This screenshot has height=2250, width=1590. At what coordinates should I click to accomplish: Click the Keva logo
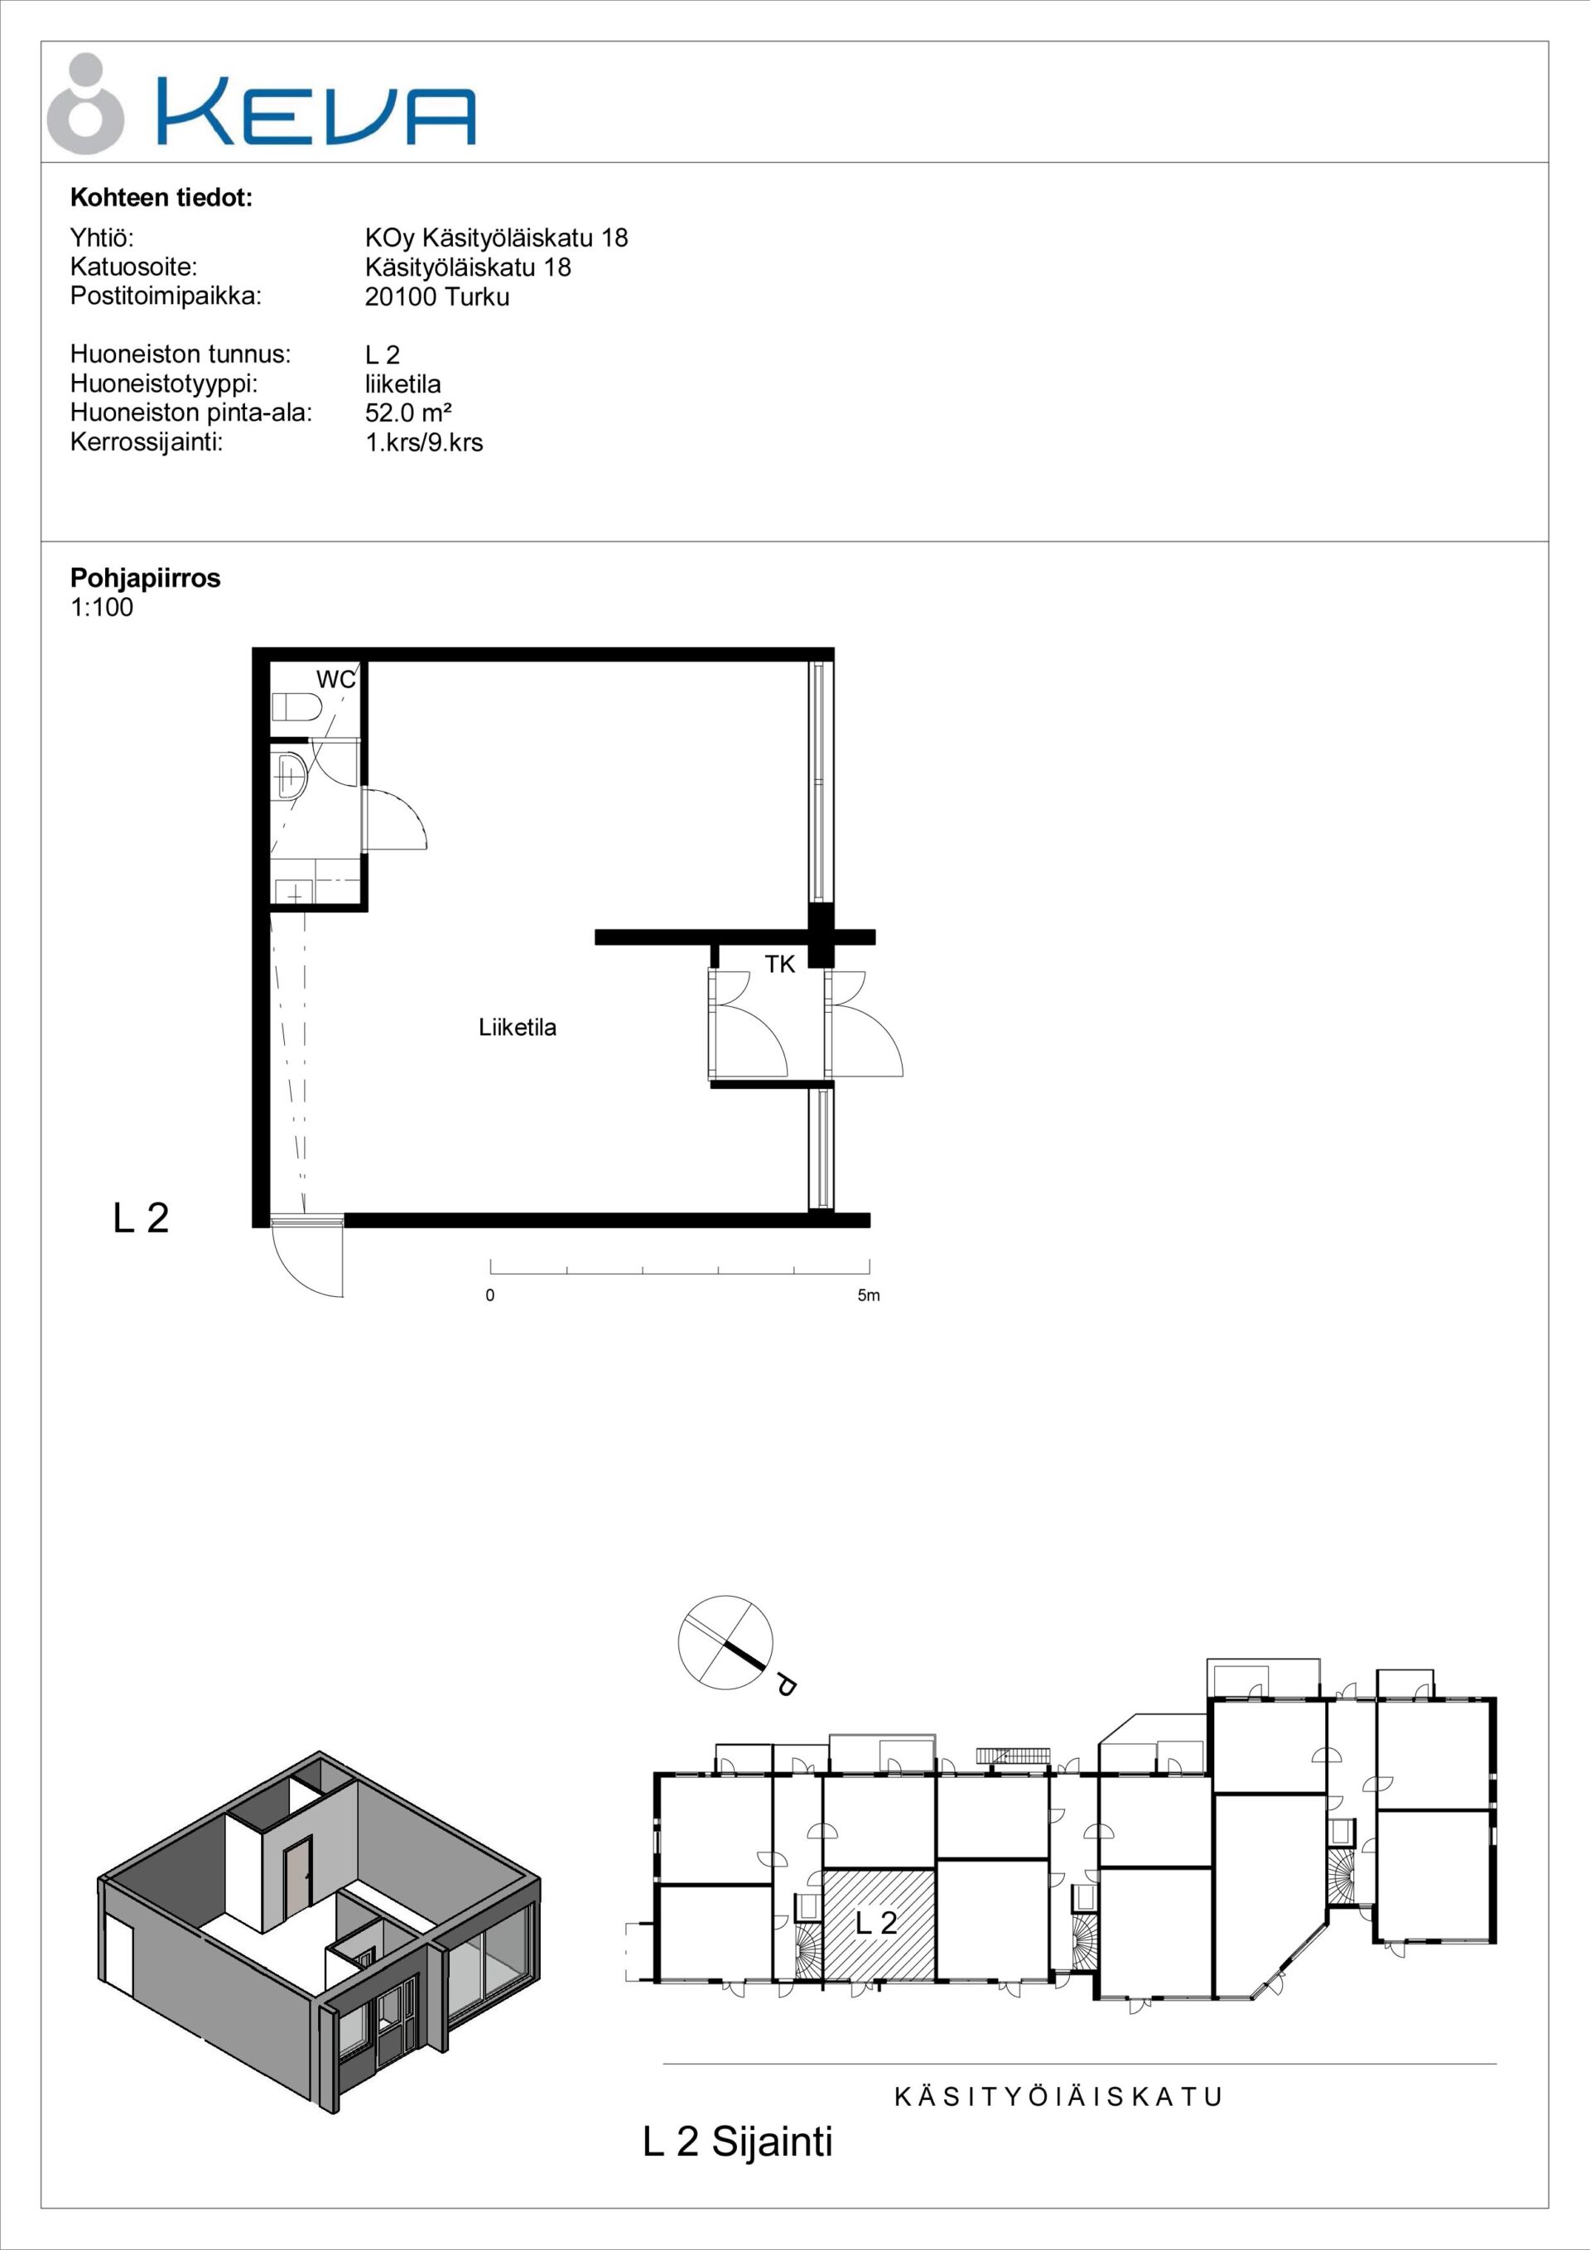pyautogui.click(x=262, y=104)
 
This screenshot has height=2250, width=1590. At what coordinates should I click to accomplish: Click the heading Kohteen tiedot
pyautogui.click(x=161, y=198)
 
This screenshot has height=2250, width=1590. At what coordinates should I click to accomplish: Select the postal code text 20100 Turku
pyautogui.click(x=437, y=297)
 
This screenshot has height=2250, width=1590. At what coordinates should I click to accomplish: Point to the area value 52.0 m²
pyautogui.click(x=407, y=412)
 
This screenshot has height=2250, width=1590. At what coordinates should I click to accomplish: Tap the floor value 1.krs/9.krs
pyautogui.click(x=423, y=443)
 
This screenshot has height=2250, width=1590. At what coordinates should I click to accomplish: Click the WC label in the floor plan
pyautogui.click(x=335, y=679)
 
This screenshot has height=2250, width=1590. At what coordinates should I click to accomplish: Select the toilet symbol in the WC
pyautogui.click(x=296, y=706)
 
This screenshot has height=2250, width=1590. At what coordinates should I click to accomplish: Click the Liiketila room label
pyautogui.click(x=518, y=1027)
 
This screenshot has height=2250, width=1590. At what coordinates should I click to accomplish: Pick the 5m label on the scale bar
pyautogui.click(x=869, y=1295)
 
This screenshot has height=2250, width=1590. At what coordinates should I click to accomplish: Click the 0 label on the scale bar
pyautogui.click(x=490, y=1295)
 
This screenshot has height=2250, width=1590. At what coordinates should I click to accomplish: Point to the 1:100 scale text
pyautogui.click(x=102, y=608)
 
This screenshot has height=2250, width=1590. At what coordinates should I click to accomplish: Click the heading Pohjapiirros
pyautogui.click(x=146, y=578)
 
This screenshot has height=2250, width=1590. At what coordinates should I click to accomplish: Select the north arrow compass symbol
pyautogui.click(x=725, y=1643)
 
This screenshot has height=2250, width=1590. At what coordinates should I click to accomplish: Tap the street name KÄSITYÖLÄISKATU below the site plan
pyautogui.click(x=1058, y=2097)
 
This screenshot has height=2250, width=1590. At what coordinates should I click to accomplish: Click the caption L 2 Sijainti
pyautogui.click(x=738, y=2142)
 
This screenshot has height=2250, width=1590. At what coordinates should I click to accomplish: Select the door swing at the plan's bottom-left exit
pyautogui.click(x=308, y=1260)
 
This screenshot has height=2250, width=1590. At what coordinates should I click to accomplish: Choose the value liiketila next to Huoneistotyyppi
pyautogui.click(x=403, y=384)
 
